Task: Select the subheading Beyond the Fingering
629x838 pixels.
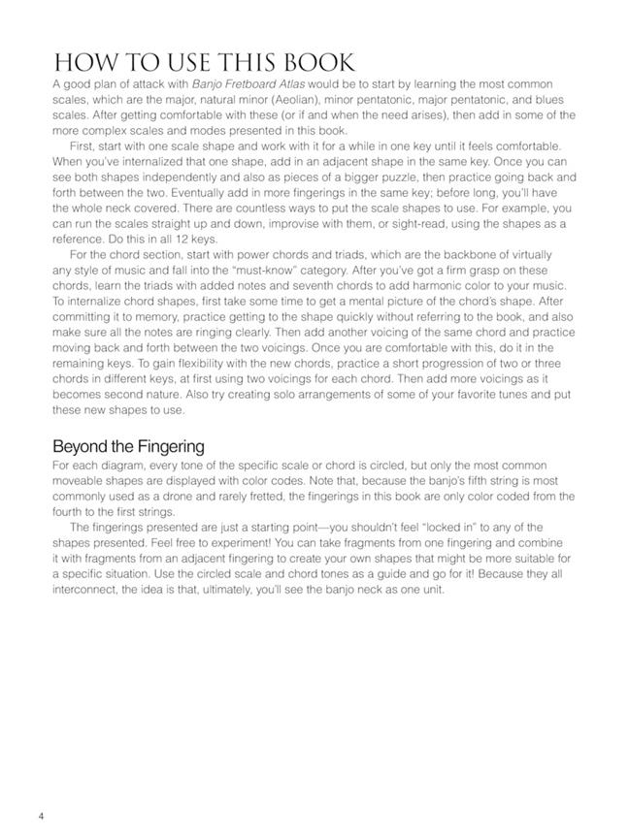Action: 128,446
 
